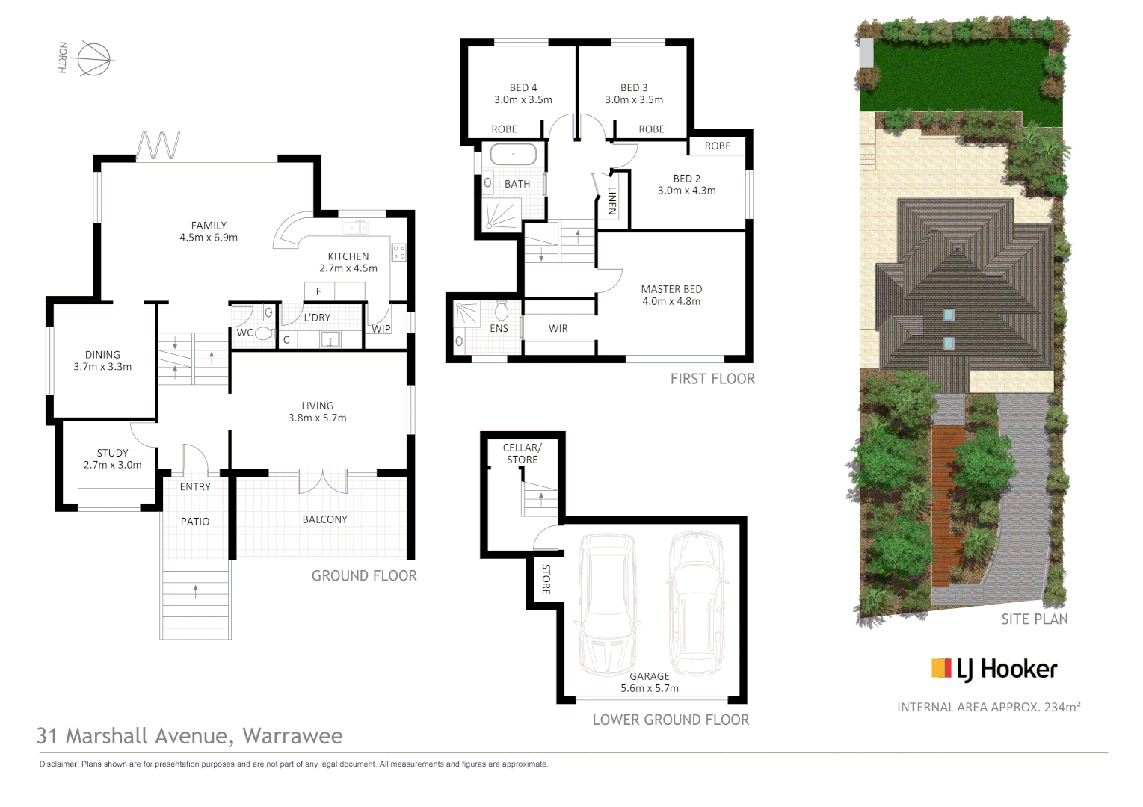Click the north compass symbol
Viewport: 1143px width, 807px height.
point(93,58)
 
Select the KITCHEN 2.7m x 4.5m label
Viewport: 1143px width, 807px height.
point(348,262)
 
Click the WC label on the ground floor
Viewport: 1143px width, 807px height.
point(244,333)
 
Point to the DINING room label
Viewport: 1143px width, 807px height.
point(102,361)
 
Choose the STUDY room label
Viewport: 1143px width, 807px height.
point(112,459)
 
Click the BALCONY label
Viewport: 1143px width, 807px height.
point(324,519)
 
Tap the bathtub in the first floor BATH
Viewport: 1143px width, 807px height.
point(513,155)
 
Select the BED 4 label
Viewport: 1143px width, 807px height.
point(523,93)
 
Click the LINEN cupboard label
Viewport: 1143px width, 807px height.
point(611,200)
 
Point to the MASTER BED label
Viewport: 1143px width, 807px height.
point(671,295)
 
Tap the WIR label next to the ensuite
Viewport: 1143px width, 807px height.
point(558,329)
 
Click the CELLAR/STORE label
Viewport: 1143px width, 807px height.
point(522,454)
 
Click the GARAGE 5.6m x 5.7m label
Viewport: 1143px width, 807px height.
point(650,682)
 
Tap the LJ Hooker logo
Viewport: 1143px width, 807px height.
point(993,669)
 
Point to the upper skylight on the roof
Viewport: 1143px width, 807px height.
point(948,315)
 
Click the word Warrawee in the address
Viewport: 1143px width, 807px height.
point(292,736)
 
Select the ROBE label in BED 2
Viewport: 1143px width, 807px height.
point(717,146)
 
